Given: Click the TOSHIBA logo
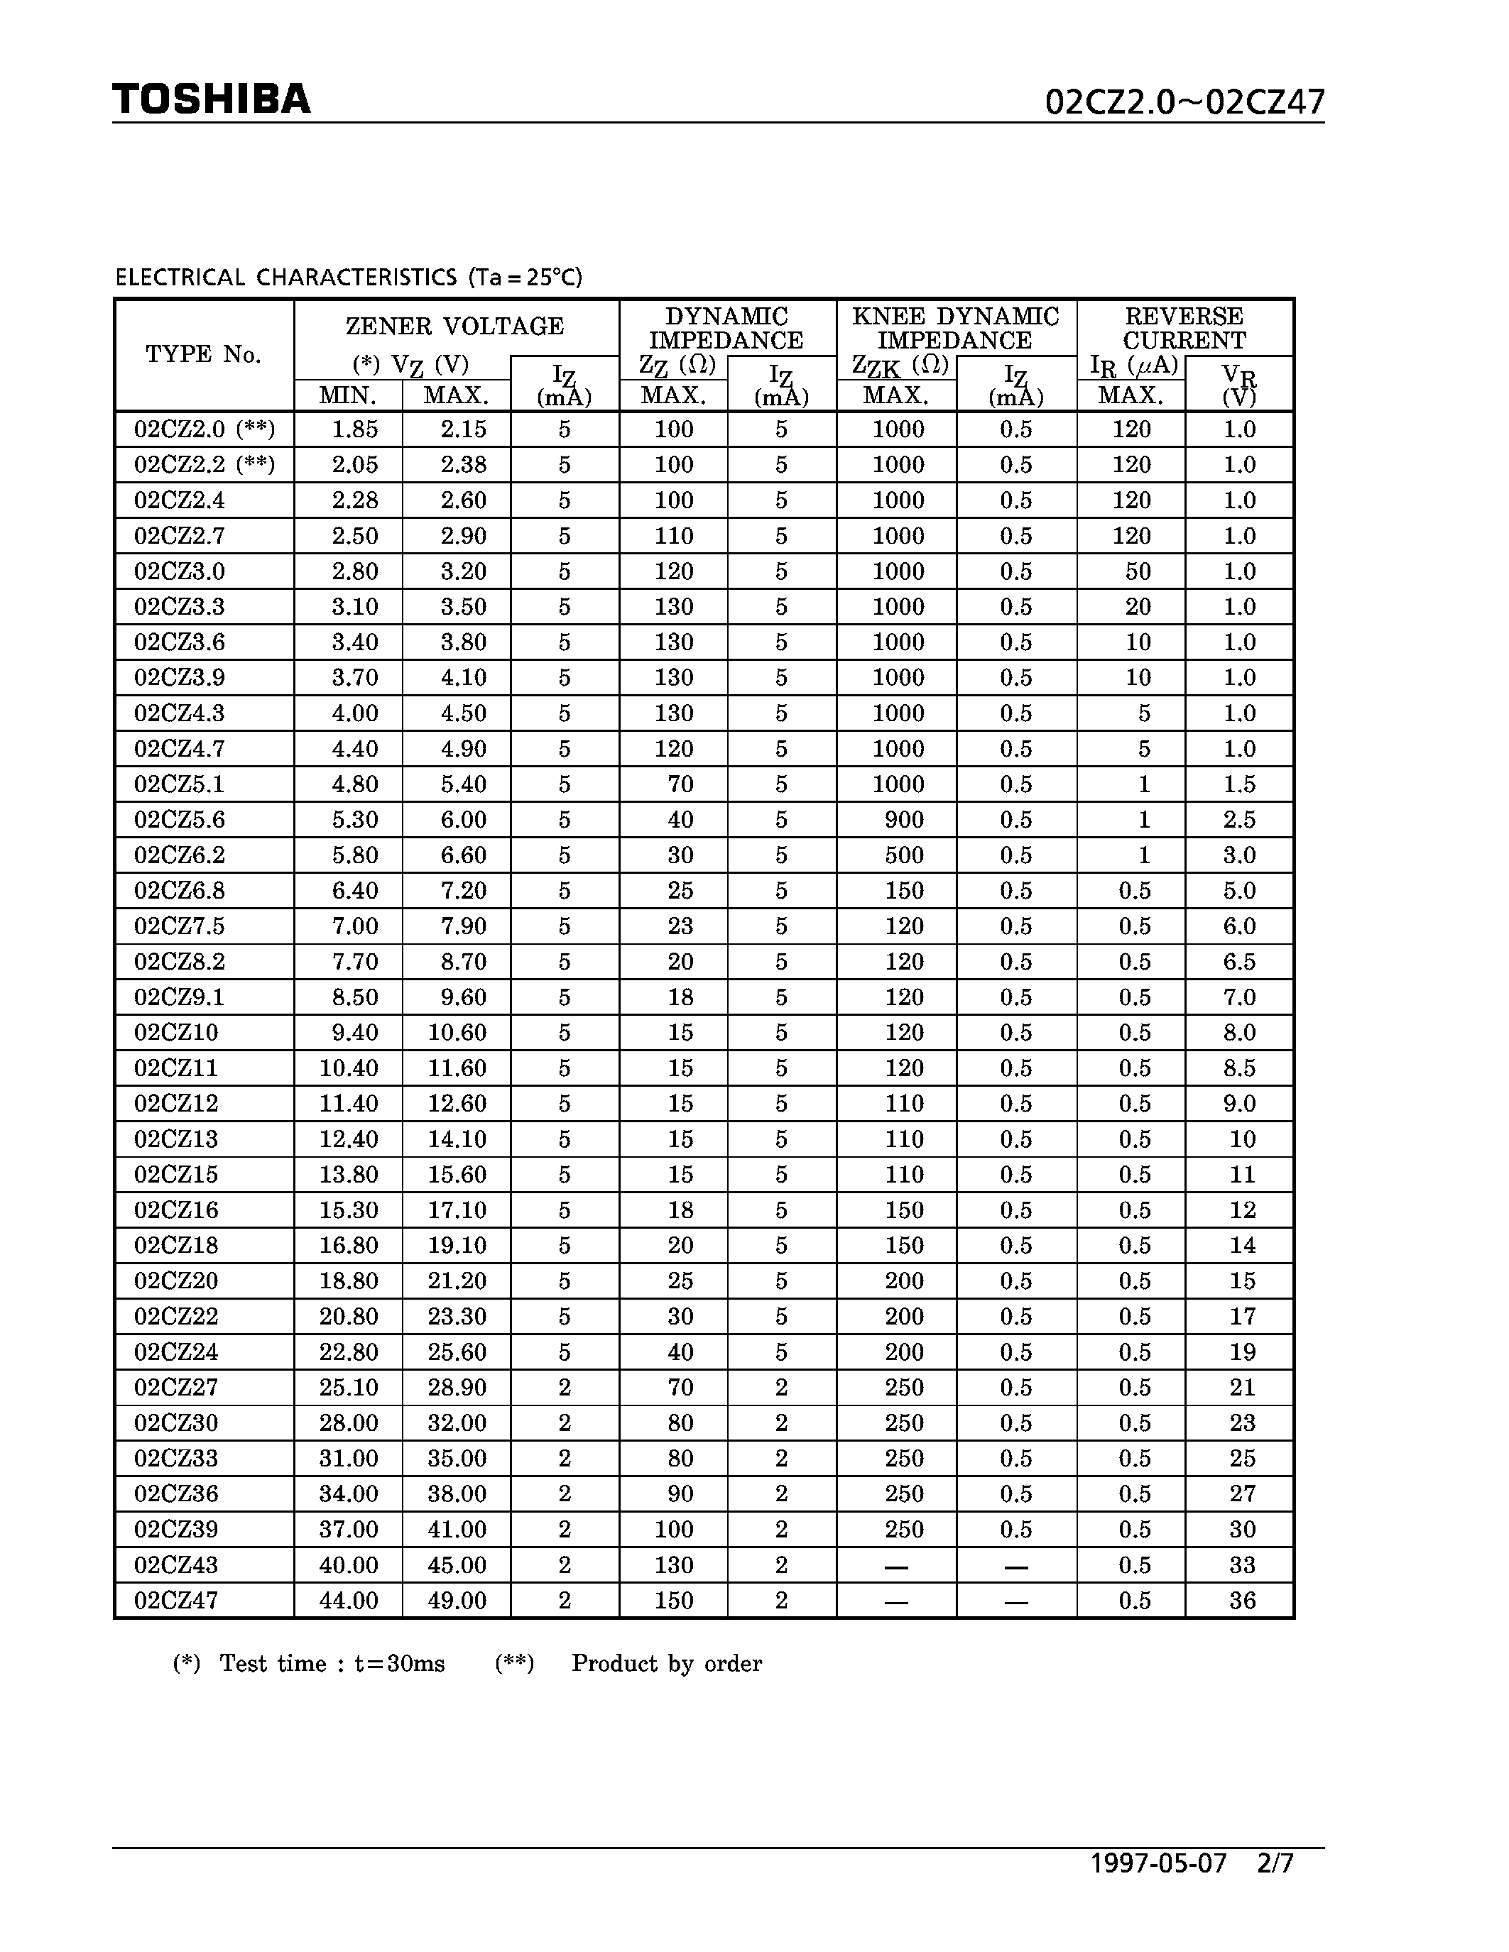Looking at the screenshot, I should pos(211,99).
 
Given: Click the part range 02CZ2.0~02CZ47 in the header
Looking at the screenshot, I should pos(1184,103).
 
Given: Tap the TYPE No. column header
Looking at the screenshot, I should pos(204,355).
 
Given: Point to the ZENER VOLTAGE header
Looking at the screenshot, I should pos(455,327).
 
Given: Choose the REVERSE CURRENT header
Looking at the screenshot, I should pos(1184,328).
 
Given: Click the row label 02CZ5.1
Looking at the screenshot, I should pos(179,784).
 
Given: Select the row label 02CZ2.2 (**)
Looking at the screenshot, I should pos(204,465).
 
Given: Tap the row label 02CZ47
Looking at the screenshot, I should pos(176,1601).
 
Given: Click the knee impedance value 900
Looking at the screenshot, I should pos(904,820).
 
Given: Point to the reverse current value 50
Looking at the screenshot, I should pos(1137,571).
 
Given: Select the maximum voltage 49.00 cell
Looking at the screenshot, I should pos(457,1601).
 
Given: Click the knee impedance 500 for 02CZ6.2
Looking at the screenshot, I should pos(904,855).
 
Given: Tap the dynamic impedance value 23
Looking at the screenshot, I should pos(680,926).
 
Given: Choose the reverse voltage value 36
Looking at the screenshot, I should pos(1243,1601).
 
